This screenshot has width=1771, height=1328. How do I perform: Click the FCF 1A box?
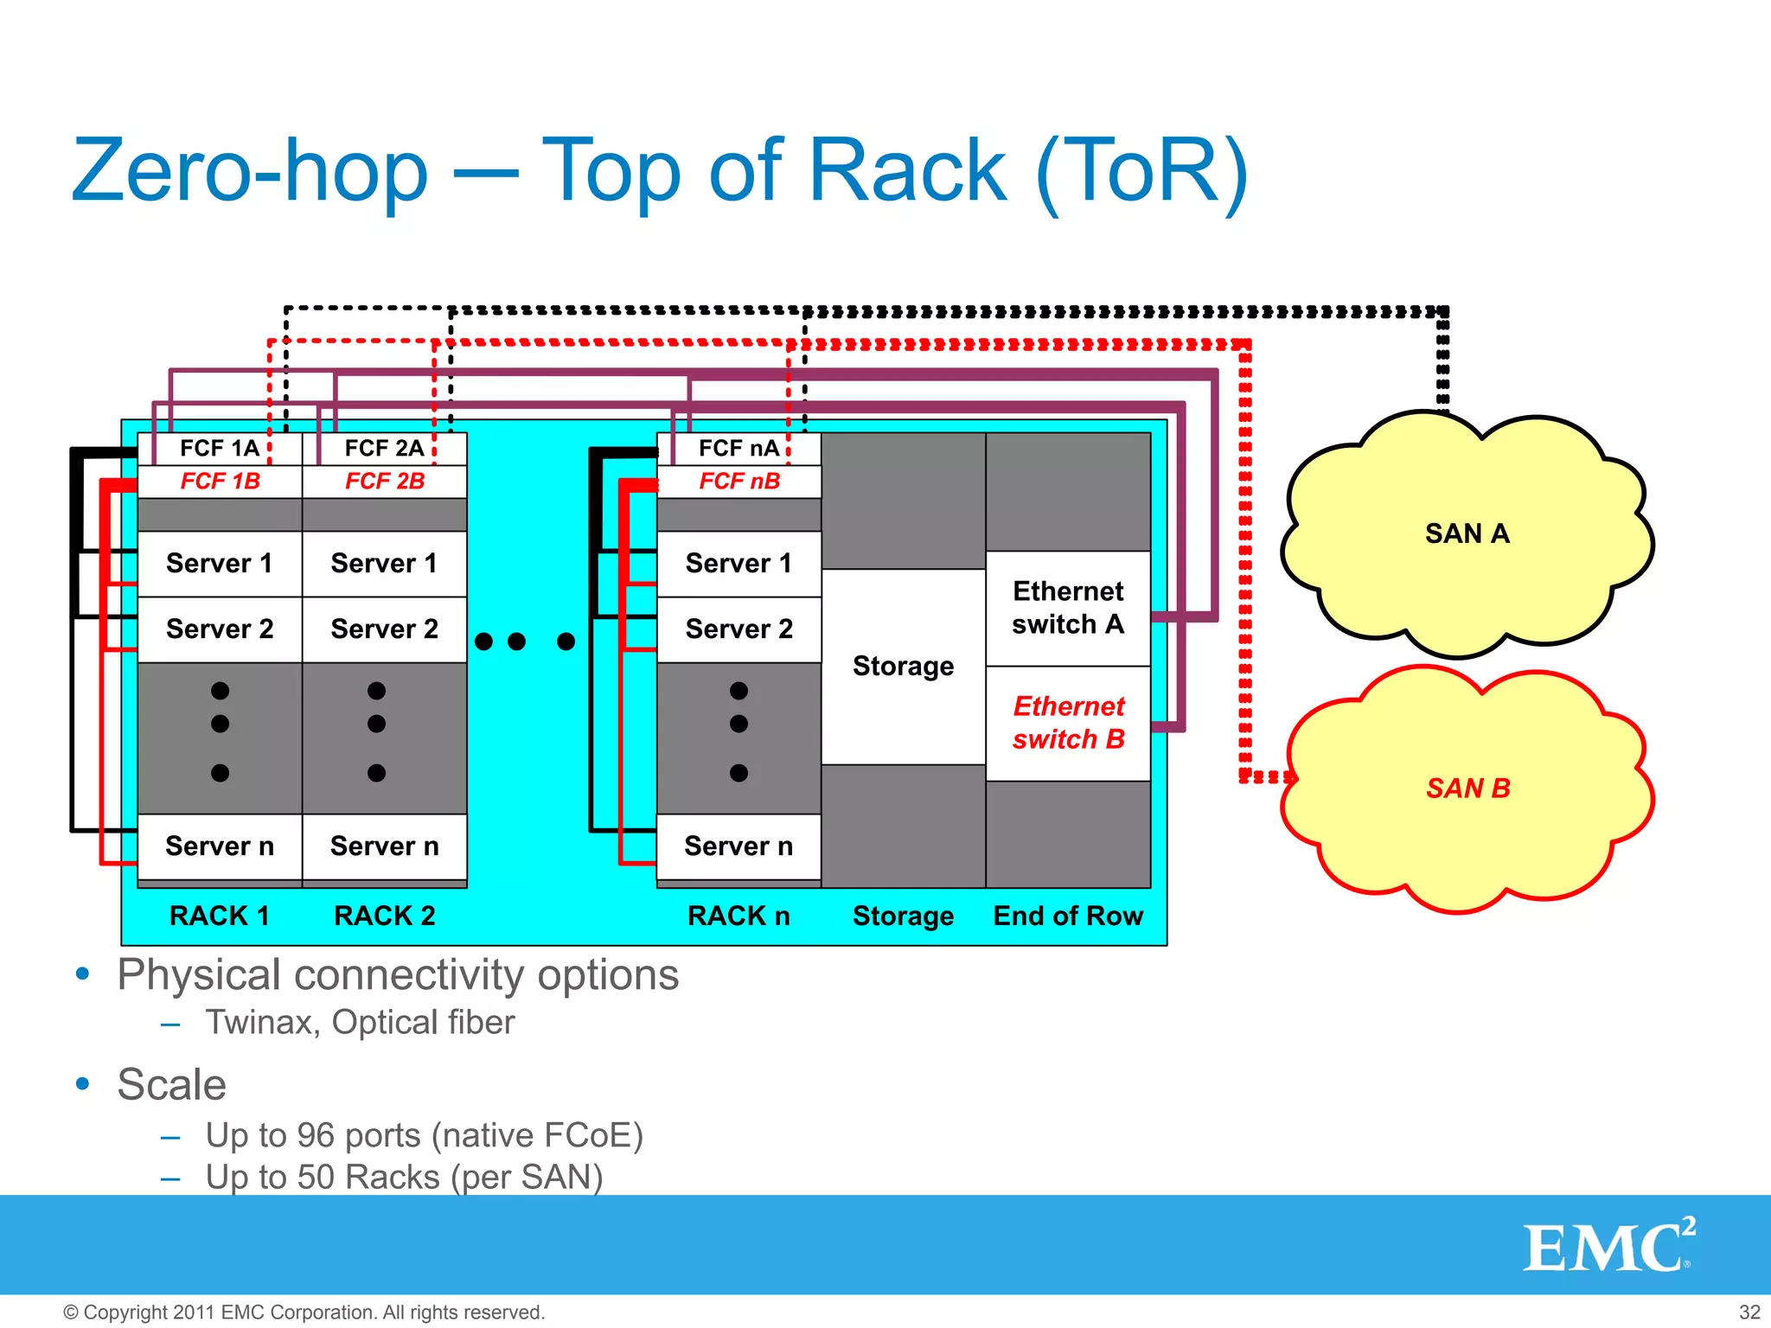pyautogui.click(x=219, y=448)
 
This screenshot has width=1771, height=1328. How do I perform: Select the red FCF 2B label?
pyautogui.click(x=384, y=482)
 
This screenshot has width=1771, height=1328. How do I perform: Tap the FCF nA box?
pyautogui.click(x=738, y=448)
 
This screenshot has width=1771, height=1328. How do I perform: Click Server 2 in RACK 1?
pyautogui.click(x=219, y=629)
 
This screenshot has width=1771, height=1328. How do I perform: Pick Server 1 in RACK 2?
pyautogui.click(x=384, y=564)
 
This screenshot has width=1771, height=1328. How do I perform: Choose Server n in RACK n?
pyautogui.click(x=738, y=846)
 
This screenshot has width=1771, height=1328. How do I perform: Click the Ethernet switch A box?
pyautogui.click(x=1068, y=608)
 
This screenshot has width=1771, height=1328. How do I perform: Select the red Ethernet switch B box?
pyautogui.click(x=1068, y=723)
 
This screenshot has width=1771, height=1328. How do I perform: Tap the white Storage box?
pyautogui.click(x=903, y=666)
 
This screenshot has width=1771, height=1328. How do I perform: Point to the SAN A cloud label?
pyautogui.click(x=1467, y=533)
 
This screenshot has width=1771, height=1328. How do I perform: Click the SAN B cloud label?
pyautogui.click(x=1467, y=788)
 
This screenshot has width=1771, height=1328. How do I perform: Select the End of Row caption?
pyautogui.click(x=1068, y=916)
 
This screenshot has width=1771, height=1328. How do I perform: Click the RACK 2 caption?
pyautogui.click(x=384, y=916)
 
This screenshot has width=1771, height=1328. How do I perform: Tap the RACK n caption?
pyautogui.click(x=738, y=916)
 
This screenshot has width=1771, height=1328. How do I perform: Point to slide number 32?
pyautogui.click(x=1749, y=1312)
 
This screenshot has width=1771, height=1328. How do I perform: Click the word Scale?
pyautogui.click(x=171, y=1084)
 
